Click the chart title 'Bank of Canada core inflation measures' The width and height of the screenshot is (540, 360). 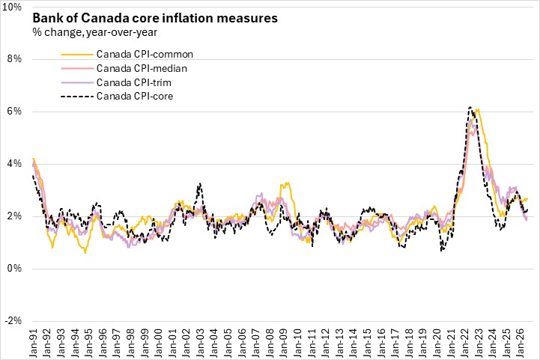155,18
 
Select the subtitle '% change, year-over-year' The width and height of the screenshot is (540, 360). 94,32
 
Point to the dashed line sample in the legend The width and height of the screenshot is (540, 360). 77,97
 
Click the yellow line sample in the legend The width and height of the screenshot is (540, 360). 77,55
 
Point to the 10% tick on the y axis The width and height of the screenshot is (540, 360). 12,7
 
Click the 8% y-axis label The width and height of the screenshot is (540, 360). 14,59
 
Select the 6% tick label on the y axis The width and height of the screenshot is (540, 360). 14,112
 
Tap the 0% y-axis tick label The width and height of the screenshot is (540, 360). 14,268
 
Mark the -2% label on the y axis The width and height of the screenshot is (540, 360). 13,321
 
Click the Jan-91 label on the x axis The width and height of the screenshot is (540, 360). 34,343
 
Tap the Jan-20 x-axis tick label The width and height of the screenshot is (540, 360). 437,343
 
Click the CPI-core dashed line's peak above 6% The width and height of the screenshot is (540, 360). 470,107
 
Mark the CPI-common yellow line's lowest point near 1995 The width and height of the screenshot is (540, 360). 85,253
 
